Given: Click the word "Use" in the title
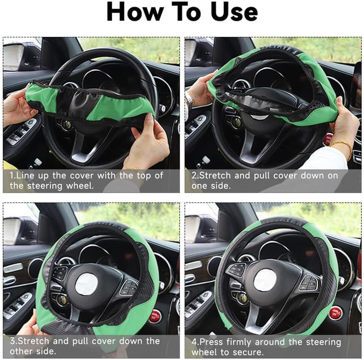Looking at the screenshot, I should tap(230, 13).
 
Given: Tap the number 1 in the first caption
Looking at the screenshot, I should tap(12, 175).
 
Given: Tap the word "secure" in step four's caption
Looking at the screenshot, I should tap(249, 352).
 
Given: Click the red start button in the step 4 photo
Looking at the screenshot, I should tap(335, 313).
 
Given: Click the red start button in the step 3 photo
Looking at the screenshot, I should tap(155, 315).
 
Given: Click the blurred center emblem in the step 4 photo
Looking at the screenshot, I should tap(265, 280).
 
